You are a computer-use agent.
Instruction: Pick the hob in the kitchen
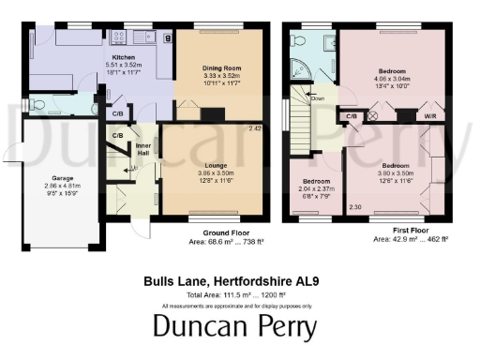click(120, 38)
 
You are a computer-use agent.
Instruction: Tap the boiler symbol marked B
click(167, 39)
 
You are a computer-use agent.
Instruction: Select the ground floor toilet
click(34, 104)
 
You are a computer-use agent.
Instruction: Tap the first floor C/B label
click(352, 116)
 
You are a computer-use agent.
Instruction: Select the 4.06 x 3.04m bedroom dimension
click(392, 81)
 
